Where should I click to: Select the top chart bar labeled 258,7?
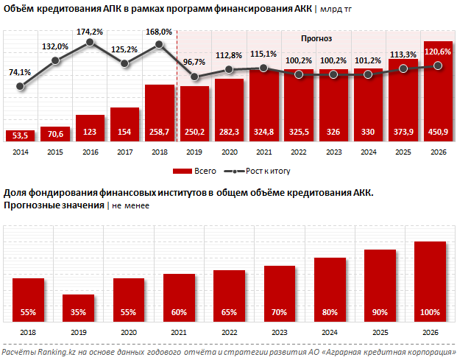(160, 110)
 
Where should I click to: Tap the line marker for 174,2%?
(90, 42)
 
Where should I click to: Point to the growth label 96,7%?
(194, 62)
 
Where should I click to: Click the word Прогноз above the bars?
(317, 38)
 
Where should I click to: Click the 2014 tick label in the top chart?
(20, 152)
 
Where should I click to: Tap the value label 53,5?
(20, 135)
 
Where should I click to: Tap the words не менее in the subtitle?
(130, 205)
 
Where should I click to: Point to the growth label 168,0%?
(159, 32)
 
